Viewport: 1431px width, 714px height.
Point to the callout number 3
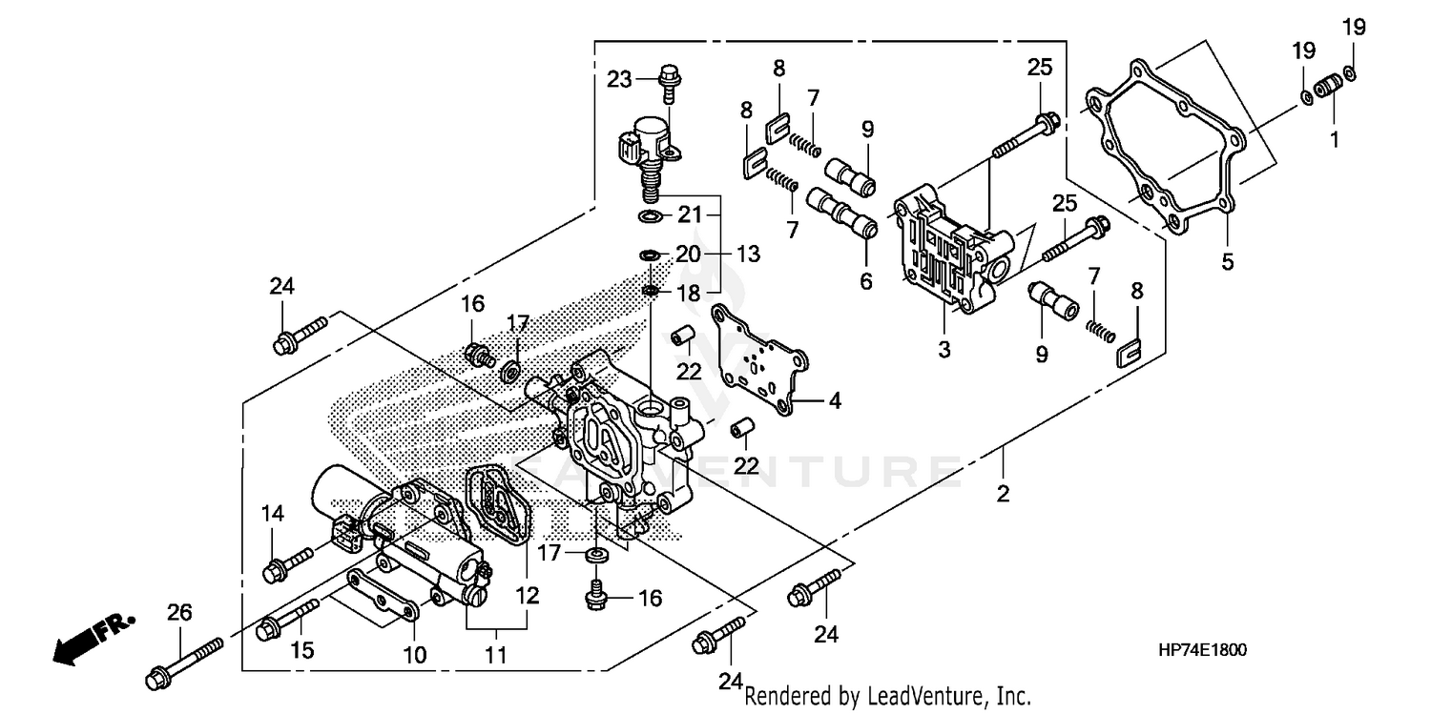pyautogui.click(x=944, y=350)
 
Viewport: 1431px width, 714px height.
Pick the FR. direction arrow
pyautogui.click(x=92, y=638)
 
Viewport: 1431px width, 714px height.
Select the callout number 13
pyautogui.click(x=748, y=254)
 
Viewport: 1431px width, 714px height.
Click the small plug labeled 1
pyautogui.click(x=1324, y=89)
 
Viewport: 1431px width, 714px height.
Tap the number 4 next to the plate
pyautogui.click(x=834, y=401)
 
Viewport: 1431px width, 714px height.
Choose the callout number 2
pyautogui.click(x=1003, y=494)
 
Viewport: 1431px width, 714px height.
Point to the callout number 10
pyautogui.click(x=415, y=655)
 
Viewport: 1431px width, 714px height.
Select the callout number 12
pyautogui.click(x=527, y=596)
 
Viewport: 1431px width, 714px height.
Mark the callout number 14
pyautogui.click(x=273, y=514)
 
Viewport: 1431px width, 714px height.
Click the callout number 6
pyautogui.click(x=865, y=282)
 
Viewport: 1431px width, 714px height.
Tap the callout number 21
pyautogui.click(x=690, y=215)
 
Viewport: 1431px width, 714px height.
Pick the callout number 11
pyautogui.click(x=495, y=655)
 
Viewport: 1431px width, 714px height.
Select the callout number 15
pyautogui.click(x=301, y=650)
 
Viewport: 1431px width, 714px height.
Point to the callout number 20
pyautogui.click(x=688, y=255)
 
